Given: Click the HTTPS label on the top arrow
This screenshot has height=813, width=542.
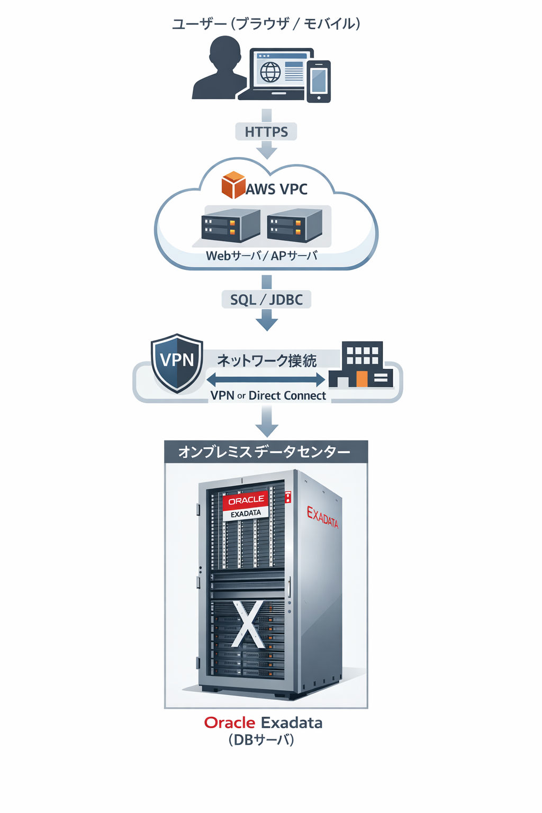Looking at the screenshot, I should tap(266, 132).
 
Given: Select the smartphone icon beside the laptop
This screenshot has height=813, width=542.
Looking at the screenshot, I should tap(319, 82).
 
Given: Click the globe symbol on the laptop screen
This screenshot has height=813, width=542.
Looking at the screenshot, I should tap(270, 72).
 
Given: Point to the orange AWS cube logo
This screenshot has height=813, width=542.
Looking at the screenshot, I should tap(233, 185).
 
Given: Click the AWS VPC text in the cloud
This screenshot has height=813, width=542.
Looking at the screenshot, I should tap(276, 189).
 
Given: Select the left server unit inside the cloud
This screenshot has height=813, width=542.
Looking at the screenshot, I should tap(231, 225).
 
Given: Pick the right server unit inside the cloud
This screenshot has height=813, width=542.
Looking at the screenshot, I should tap(295, 225).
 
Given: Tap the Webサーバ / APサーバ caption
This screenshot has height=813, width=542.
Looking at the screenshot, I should tap(261, 256).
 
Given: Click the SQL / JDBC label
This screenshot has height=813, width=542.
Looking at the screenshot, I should tap(266, 300).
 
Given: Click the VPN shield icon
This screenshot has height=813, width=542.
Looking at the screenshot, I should tap(177, 363).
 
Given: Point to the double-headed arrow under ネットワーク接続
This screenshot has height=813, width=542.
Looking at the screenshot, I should tap(266, 379).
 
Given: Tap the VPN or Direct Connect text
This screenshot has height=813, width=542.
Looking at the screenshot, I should tap(268, 396).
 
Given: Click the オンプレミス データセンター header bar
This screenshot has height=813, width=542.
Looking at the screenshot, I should tap(266, 452).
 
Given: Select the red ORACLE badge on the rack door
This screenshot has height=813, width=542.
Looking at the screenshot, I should tap(246, 500).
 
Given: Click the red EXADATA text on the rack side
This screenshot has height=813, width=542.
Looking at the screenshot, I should tap(322, 517).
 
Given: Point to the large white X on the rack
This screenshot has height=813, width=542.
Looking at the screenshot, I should tap(248, 625).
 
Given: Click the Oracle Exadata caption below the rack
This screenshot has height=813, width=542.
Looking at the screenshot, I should tap(263, 723).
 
